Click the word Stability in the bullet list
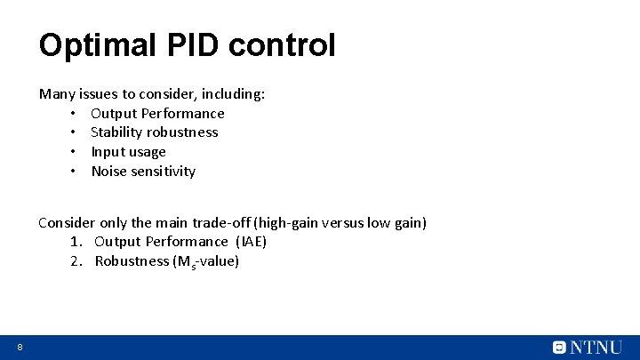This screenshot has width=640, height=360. coord(116,132)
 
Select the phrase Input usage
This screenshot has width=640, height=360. coord(128,152)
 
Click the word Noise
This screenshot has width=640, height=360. coord(110,172)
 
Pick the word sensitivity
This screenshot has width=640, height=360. coord(164,172)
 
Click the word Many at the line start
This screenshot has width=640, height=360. coord(57,93)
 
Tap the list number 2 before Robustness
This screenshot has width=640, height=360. coord(75,261)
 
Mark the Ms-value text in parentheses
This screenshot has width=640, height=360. coord(205,261)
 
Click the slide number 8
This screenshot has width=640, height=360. coord(19,347)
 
